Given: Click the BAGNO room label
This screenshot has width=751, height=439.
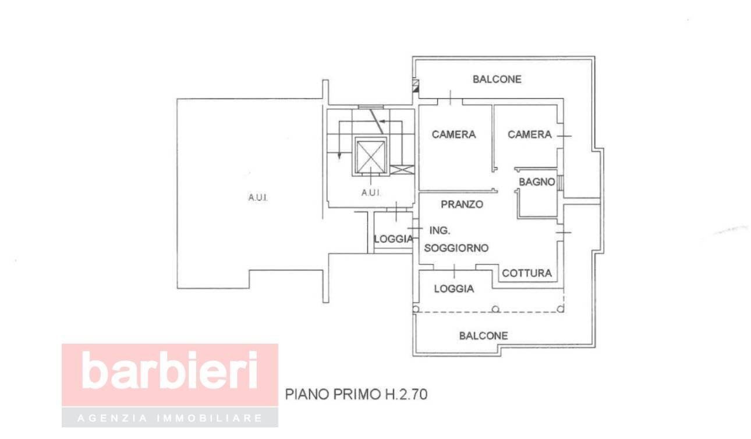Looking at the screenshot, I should click(537, 182).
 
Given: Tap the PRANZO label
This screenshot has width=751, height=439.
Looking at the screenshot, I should click(462, 205).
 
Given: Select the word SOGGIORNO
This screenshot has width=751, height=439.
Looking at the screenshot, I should click(456, 248).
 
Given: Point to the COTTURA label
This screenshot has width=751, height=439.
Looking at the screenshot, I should click(526, 273).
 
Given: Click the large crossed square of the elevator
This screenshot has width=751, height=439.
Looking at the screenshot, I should click(371, 156).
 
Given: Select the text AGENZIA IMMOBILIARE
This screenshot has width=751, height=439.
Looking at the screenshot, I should click(170, 418).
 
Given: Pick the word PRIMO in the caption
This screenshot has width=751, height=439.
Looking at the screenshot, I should click(356, 395).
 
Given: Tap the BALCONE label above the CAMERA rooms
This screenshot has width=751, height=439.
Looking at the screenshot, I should click(497, 80).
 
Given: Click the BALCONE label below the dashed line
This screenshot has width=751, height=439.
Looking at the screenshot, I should click(483, 336).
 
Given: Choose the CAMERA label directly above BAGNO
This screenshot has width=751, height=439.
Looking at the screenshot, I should click(529, 135).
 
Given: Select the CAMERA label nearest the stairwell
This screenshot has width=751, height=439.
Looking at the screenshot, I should click(454, 135).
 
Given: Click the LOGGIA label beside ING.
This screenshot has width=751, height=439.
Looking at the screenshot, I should click(393, 239).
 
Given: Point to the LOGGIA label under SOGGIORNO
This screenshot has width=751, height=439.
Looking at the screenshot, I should click(454, 289).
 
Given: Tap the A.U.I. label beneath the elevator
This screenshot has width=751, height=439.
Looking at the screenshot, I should click(371, 193).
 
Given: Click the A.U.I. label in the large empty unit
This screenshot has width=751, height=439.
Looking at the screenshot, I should click(257, 198).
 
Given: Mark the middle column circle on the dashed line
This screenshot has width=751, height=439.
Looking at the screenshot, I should click(495, 309).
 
